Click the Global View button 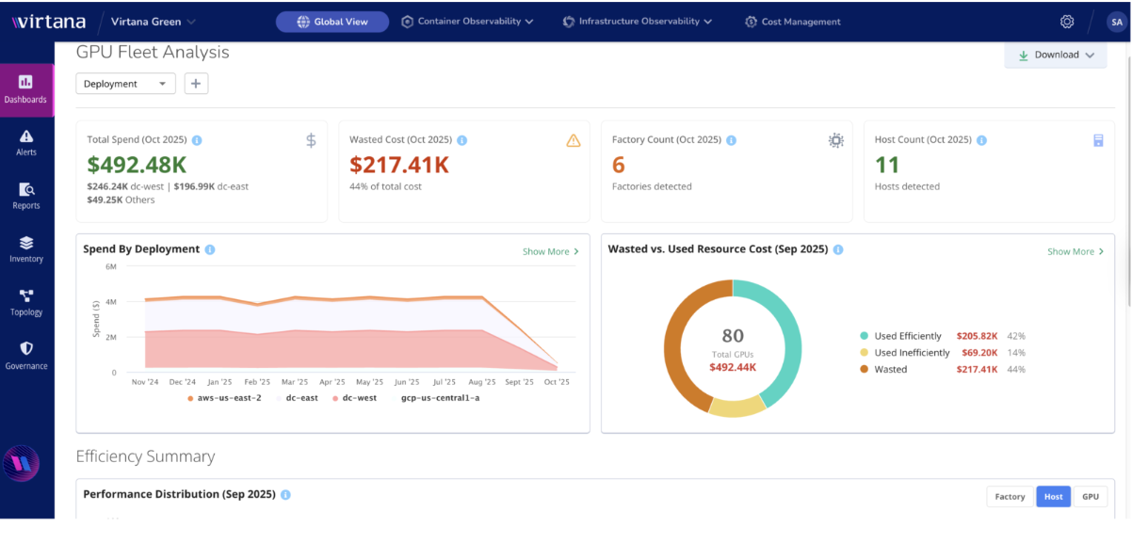coord(332,22)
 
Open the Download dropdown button coord(1055,55)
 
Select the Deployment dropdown coord(125,84)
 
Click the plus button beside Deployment coord(196,84)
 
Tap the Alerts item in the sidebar coord(26,142)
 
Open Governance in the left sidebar coord(26,355)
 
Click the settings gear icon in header coord(1066,22)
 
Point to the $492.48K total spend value coord(137,165)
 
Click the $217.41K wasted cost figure coord(399,165)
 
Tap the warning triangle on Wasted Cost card coord(574,140)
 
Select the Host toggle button coord(1053,496)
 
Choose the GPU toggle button coord(1090,496)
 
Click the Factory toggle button coord(1010,496)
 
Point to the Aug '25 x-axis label coord(481,382)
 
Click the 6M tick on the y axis coord(110,267)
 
